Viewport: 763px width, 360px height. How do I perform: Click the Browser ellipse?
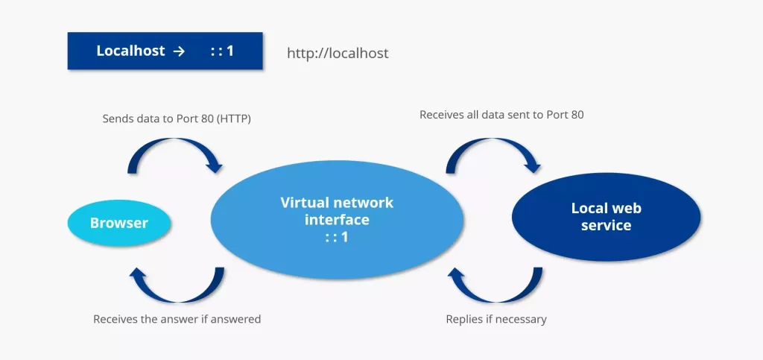click(119, 223)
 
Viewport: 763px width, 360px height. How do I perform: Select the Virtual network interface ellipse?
click(337, 218)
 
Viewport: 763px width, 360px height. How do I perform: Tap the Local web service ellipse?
click(606, 217)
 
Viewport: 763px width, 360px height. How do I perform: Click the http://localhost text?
click(338, 54)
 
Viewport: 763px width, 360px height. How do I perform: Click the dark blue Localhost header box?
click(165, 51)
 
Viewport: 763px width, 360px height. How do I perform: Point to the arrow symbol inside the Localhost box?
click(178, 51)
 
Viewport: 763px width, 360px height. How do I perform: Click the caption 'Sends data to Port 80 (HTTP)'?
click(176, 119)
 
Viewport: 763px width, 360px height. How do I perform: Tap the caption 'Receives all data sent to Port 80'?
click(501, 115)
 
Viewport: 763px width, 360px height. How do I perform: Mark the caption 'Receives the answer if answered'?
click(177, 319)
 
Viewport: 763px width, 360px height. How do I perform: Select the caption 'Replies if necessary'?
click(496, 319)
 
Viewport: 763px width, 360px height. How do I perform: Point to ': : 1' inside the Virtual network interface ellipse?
click(337, 236)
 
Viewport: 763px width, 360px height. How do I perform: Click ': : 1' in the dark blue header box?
click(221, 51)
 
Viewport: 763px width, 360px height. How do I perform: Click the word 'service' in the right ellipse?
click(606, 225)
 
